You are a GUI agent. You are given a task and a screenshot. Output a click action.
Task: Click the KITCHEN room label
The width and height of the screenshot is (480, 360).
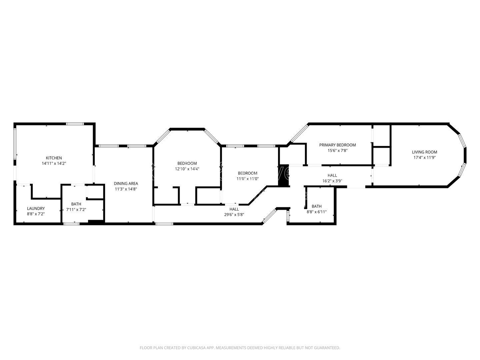pyautogui.click(x=54, y=158)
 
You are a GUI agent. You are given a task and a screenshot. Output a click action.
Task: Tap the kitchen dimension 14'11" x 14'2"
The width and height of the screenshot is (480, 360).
pyautogui.click(x=54, y=163)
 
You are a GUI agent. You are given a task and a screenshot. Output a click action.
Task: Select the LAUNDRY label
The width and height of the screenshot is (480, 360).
pyautogui.click(x=36, y=208)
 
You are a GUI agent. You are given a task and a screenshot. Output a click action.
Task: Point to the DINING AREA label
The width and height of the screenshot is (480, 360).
pyautogui.click(x=126, y=183)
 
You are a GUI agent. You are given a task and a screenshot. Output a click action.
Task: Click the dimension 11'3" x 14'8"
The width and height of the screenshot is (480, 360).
pyautogui.click(x=126, y=189)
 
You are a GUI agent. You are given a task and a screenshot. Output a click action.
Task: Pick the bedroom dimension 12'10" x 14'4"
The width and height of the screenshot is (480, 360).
pyautogui.click(x=187, y=169)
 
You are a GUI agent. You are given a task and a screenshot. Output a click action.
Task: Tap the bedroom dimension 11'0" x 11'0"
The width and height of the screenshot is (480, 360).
pyautogui.click(x=247, y=179)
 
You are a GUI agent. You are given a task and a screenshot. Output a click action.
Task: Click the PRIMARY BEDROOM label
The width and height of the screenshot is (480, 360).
pyautogui.click(x=337, y=145)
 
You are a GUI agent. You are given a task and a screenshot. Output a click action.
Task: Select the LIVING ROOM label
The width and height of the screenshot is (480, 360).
pyautogui.click(x=424, y=152)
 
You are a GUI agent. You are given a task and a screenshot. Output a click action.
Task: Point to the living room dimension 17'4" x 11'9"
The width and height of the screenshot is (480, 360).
pyautogui.click(x=424, y=157)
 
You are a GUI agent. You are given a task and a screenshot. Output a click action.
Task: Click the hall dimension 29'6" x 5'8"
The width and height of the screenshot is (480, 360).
pyautogui.click(x=234, y=215)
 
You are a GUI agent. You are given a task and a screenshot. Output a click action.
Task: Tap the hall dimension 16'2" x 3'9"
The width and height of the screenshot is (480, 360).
pyautogui.click(x=332, y=181)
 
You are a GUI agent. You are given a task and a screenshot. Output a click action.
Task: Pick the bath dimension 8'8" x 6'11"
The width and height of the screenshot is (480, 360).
pyautogui.click(x=316, y=212)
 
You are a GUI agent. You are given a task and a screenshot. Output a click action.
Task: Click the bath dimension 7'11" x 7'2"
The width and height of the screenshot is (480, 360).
pyautogui.click(x=76, y=210)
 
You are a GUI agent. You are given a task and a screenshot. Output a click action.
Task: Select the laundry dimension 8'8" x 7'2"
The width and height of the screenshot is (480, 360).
pyautogui.click(x=36, y=214)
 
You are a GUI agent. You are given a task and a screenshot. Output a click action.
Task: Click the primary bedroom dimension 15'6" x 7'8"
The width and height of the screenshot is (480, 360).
pyautogui.click(x=337, y=150)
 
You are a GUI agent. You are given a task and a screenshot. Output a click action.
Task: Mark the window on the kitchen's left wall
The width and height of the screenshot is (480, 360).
pyautogui.click(x=15, y=144)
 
